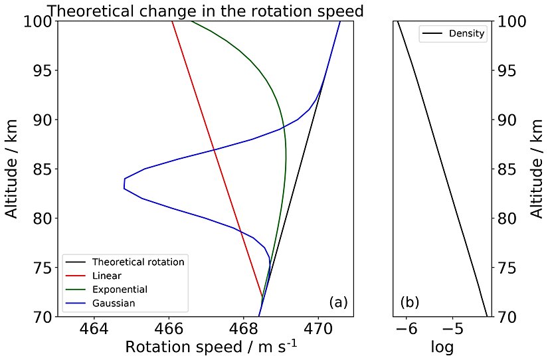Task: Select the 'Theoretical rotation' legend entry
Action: click(138, 262)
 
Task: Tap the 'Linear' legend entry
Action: click(107, 275)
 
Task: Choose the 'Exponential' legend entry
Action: click(120, 289)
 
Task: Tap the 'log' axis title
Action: click(442, 347)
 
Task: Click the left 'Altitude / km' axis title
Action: click(12, 169)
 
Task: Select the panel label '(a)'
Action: click(338, 303)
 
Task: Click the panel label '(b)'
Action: click(409, 303)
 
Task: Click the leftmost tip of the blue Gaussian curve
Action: click(124, 183)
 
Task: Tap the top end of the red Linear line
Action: click(172, 21)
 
